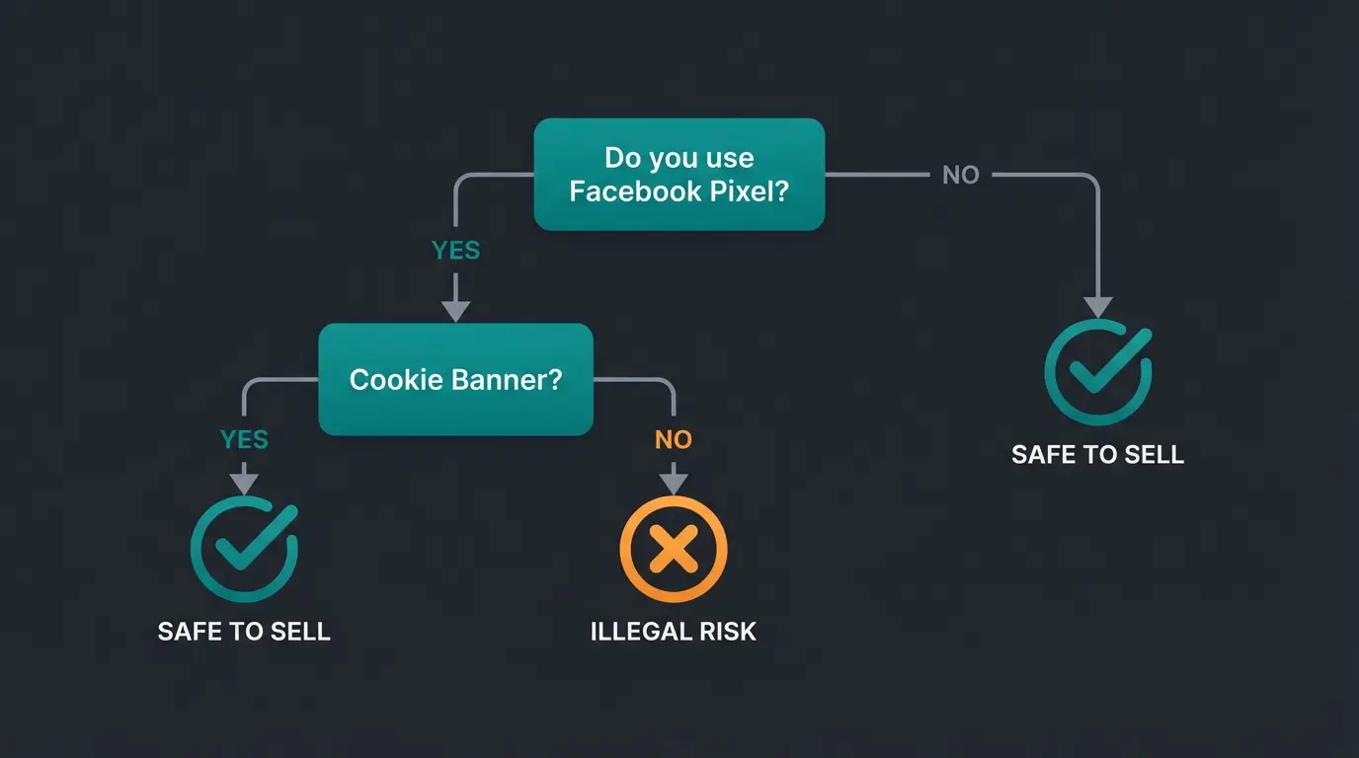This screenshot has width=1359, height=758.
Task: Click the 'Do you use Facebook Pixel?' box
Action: click(679, 175)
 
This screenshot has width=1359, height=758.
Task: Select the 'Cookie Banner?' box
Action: click(455, 380)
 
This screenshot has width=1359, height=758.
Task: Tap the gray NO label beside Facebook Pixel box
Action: click(960, 176)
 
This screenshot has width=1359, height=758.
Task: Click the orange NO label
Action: click(674, 439)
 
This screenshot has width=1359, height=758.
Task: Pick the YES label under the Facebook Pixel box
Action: click(455, 251)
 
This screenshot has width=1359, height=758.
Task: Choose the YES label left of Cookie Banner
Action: click(244, 439)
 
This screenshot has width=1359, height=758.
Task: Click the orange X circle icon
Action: click(674, 549)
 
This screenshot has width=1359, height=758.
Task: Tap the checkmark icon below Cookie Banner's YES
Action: click(244, 549)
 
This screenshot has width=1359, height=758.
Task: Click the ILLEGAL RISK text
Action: click(674, 632)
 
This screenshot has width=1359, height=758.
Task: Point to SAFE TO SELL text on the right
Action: click(1097, 455)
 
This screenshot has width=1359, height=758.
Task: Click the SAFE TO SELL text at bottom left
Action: click(244, 632)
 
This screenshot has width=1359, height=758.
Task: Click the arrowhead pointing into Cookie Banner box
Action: click(455, 311)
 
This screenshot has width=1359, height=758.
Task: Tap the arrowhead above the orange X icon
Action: click(674, 484)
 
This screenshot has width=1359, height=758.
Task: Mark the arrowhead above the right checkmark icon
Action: click(1098, 306)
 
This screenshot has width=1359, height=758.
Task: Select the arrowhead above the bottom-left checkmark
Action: click(244, 484)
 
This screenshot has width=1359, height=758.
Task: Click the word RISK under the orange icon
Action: click(725, 632)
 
